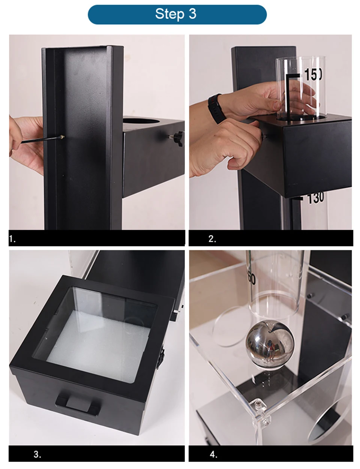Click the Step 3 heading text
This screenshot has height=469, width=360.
(175, 14)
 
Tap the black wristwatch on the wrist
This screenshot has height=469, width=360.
(217, 109)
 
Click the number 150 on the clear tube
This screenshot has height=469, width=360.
(313, 75)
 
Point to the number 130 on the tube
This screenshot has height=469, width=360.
(315, 198)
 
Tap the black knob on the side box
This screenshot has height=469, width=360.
(177, 138)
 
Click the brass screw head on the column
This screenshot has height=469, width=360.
(61, 136)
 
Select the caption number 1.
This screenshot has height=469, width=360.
(12, 239)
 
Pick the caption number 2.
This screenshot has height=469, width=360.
(212, 239)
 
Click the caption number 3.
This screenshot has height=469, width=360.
(37, 454)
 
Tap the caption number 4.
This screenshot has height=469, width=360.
(213, 454)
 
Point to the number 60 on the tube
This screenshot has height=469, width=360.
(252, 279)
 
